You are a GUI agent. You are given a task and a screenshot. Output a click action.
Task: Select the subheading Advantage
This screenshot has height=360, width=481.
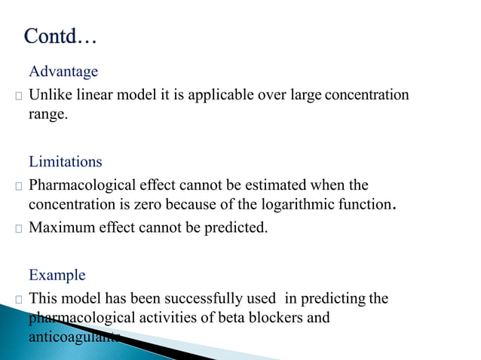[x=63, y=72]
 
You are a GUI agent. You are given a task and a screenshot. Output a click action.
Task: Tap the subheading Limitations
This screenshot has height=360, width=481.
[x=65, y=162]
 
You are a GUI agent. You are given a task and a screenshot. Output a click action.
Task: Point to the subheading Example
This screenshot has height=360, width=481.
[x=57, y=275]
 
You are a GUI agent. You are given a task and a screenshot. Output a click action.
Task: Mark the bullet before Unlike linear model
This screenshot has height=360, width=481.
[x=19, y=96]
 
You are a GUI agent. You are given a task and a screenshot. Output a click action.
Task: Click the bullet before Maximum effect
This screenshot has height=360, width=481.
[x=19, y=227]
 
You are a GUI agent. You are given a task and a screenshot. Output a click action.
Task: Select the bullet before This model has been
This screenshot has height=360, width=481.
[x=19, y=299]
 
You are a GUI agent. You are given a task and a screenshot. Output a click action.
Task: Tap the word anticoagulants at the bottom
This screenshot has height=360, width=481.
[x=74, y=337]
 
